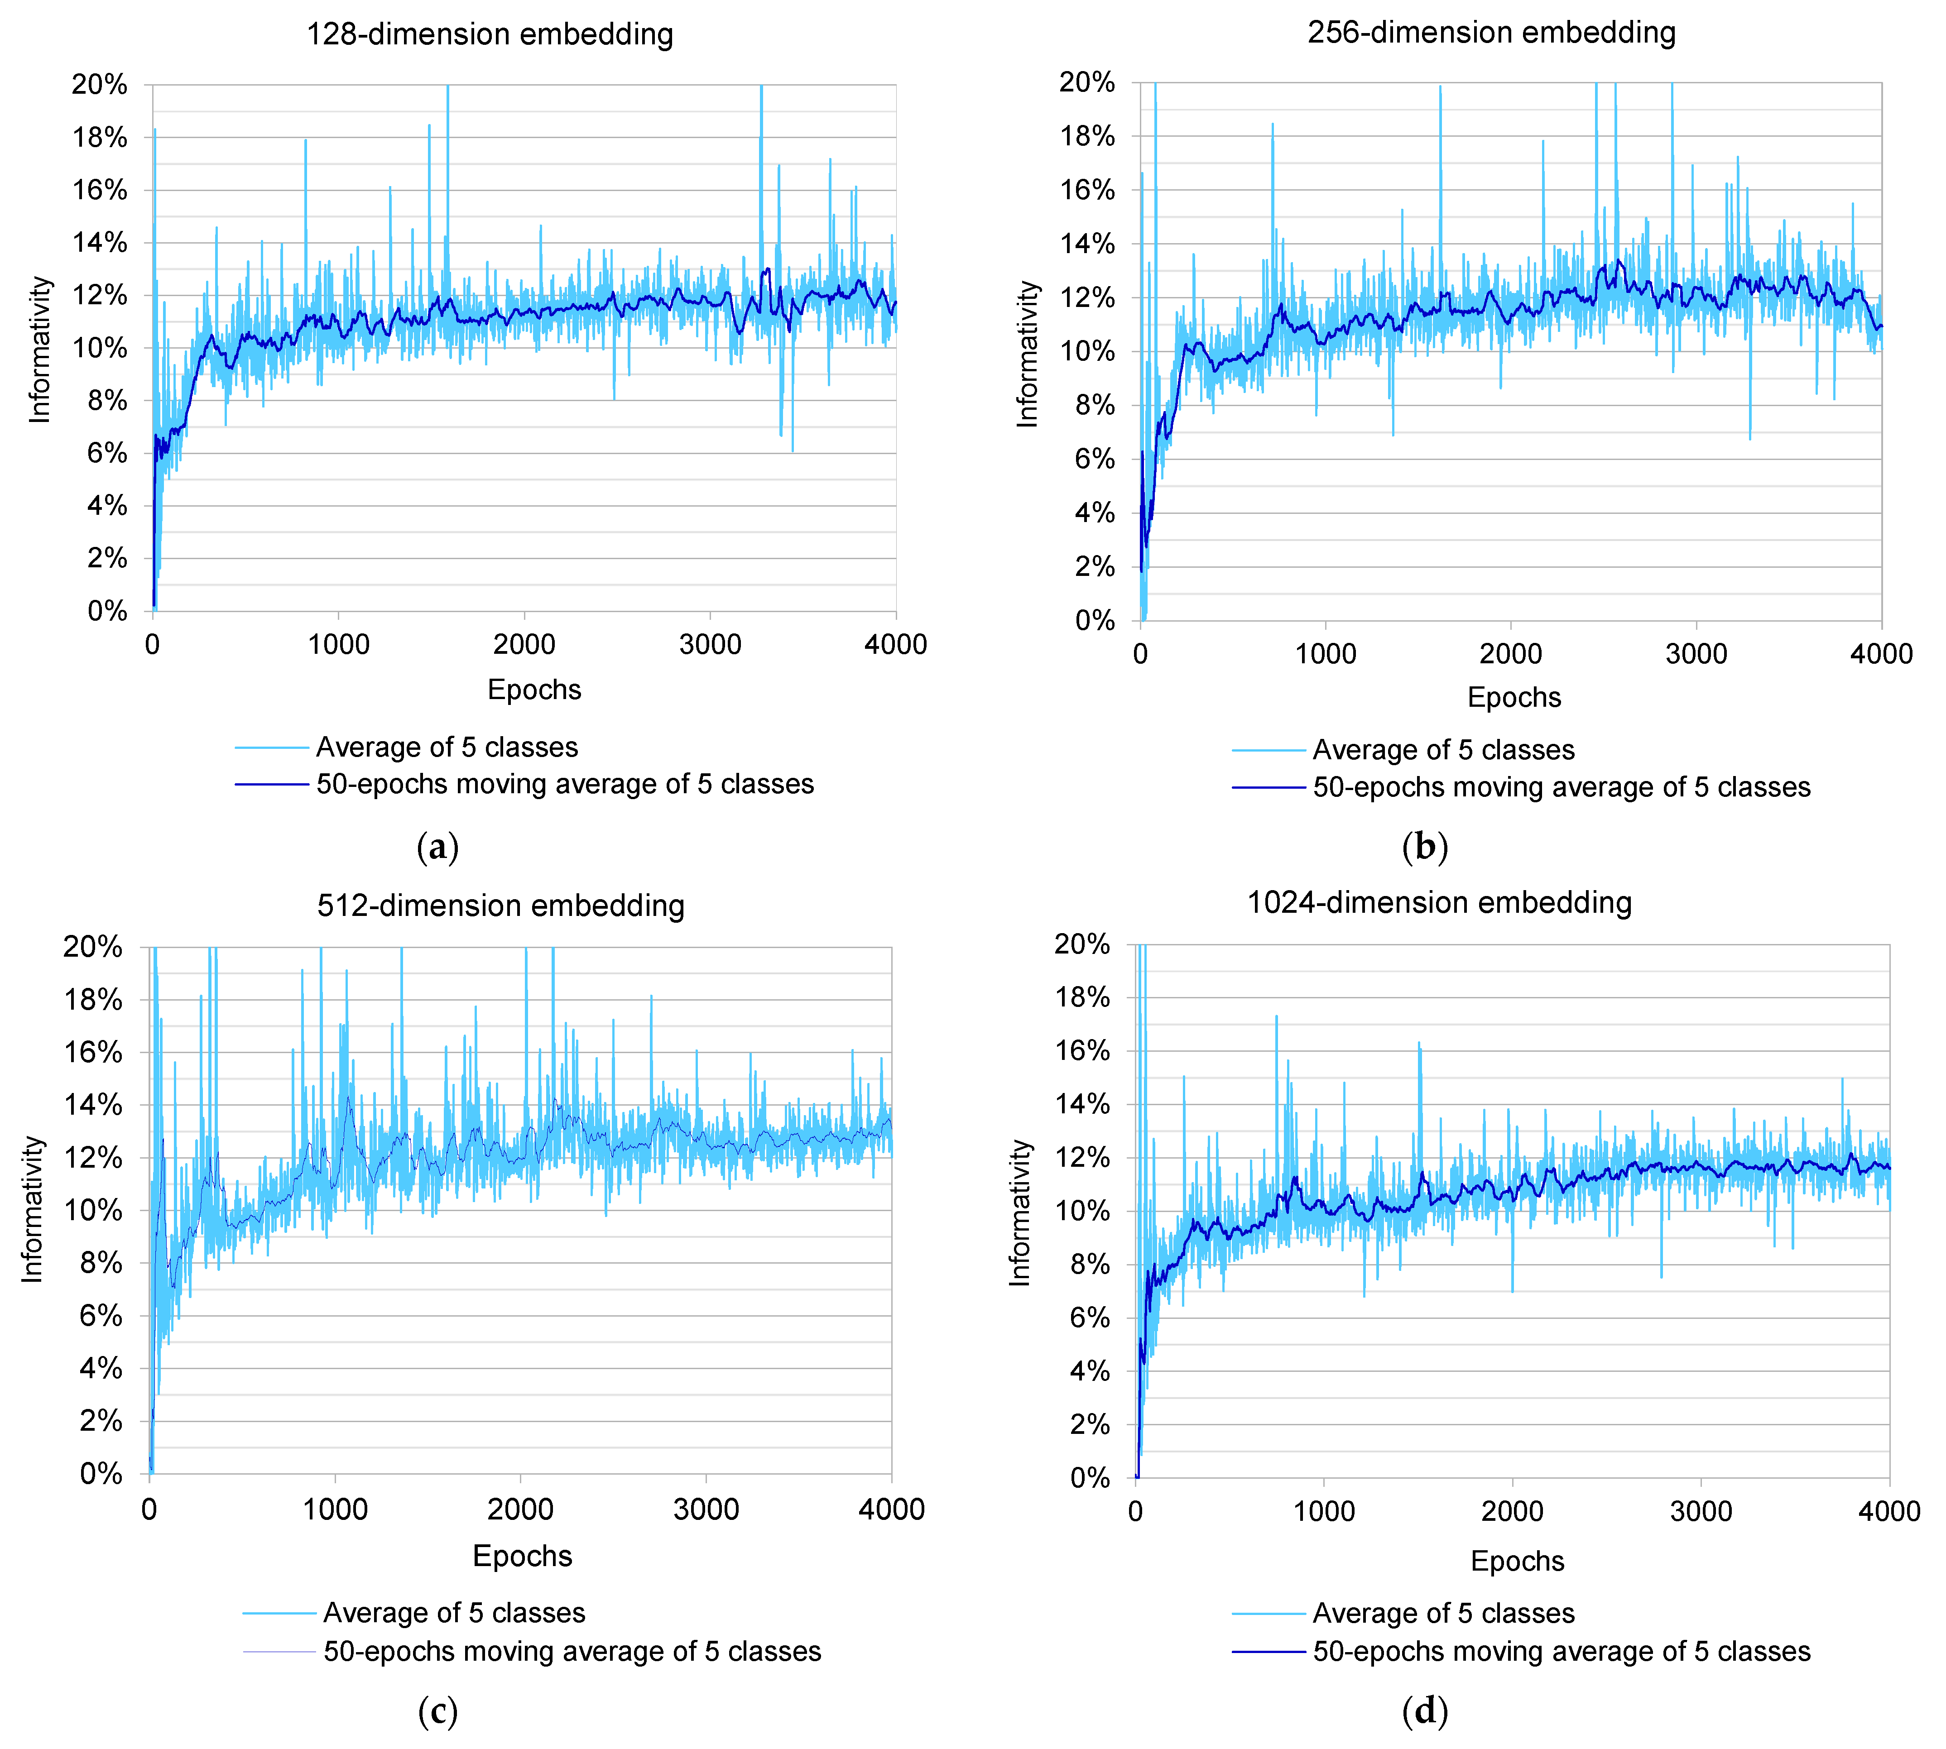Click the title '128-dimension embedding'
point(489,34)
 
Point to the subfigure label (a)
point(438,847)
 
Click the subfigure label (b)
point(1424,847)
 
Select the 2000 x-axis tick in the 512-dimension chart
point(520,1509)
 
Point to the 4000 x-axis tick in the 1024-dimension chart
point(1888,1511)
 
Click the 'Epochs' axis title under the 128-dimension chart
point(534,689)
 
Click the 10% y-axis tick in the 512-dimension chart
point(93,1210)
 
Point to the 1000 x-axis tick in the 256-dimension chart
point(1325,654)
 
